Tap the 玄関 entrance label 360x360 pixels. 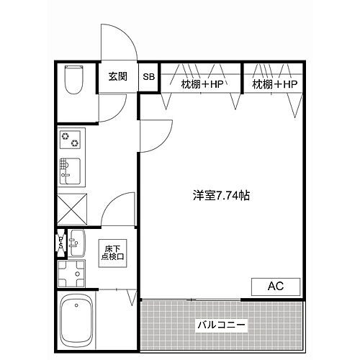117,76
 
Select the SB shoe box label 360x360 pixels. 148,77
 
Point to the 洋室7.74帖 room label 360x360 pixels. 221,194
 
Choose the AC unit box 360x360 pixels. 276,287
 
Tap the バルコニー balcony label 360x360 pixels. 221,325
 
